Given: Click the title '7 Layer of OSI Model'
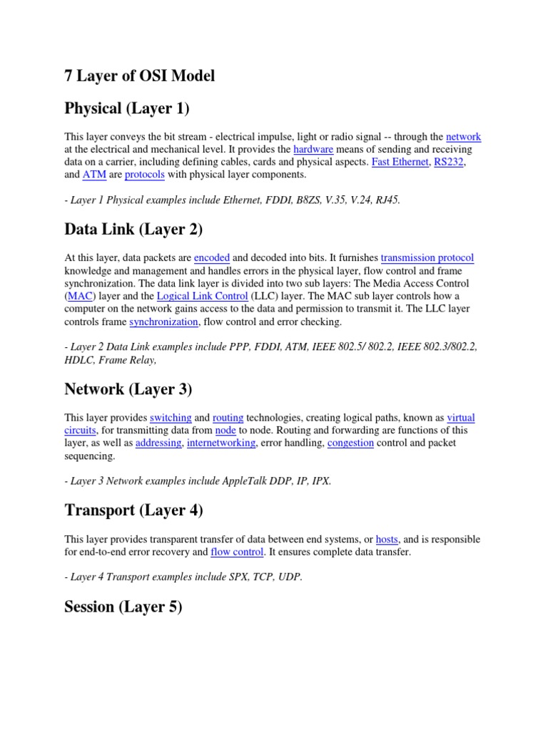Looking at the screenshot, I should pyautogui.click(x=139, y=76).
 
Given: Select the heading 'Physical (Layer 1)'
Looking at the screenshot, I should pyautogui.click(x=127, y=108).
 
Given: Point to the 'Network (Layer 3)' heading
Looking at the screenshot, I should pyautogui.click(x=128, y=389).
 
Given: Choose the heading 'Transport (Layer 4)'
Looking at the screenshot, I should pyautogui.click(x=133, y=510).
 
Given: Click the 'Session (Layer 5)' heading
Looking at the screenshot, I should pyautogui.click(x=123, y=607).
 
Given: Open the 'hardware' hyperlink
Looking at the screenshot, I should pyautogui.click(x=313, y=150).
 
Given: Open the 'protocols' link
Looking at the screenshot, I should pyautogui.click(x=145, y=175).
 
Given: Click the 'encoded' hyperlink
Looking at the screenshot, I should pyautogui.click(x=212, y=258).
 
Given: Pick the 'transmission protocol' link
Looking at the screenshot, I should pyautogui.click(x=427, y=258).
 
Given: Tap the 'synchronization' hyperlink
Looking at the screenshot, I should pyautogui.click(x=163, y=322).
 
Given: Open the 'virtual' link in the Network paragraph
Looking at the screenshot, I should pyautogui.click(x=461, y=418).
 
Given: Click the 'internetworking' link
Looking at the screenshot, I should pyautogui.click(x=220, y=443).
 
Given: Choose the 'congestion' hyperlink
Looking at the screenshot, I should pyautogui.click(x=350, y=443).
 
